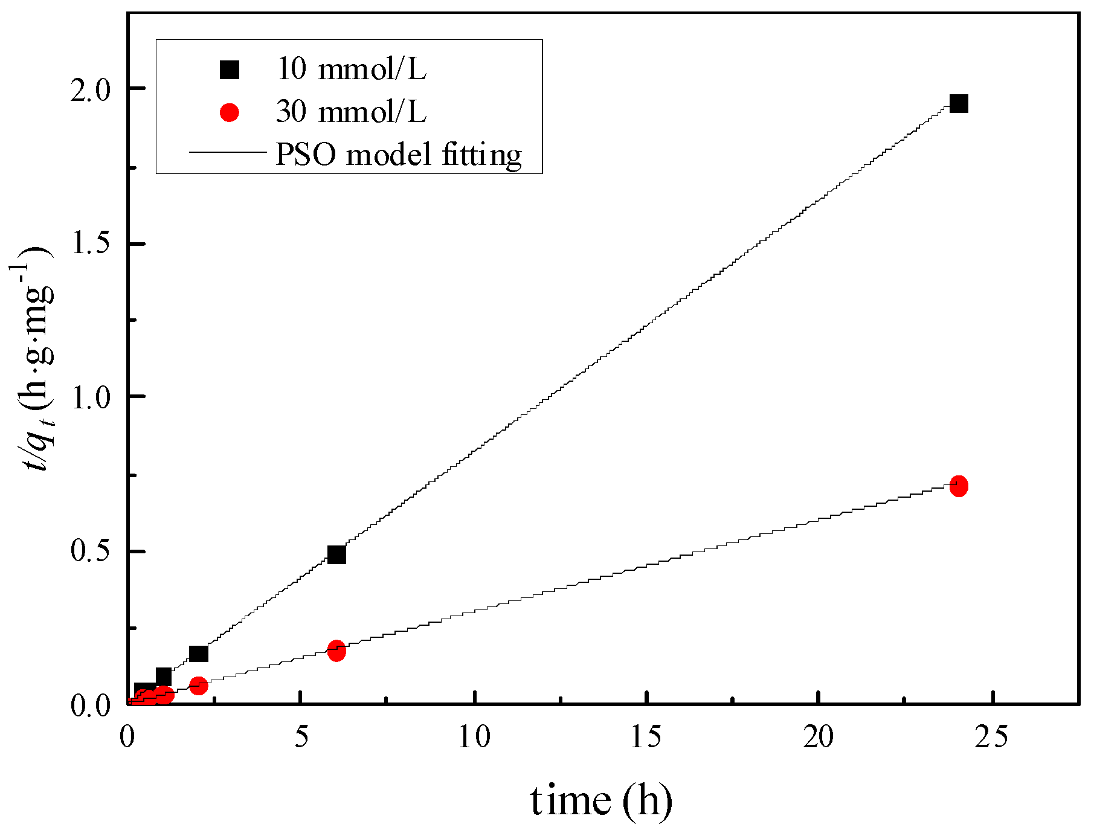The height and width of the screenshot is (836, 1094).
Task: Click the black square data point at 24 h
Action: (959, 103)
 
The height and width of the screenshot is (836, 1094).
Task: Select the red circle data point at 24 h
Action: (959, 486)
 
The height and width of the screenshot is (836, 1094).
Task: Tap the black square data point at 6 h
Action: (336, 554)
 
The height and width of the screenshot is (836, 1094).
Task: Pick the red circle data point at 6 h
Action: (336, 651)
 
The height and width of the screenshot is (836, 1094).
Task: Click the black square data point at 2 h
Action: (198, 653)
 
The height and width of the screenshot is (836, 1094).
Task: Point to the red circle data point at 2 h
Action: (198, 685)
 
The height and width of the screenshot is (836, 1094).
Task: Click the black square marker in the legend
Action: (230, 70)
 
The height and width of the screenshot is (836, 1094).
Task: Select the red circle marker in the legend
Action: (230, 112)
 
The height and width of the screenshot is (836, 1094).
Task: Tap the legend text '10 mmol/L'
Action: (351, 69)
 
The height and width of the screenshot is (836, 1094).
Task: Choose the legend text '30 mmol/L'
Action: (351, 111)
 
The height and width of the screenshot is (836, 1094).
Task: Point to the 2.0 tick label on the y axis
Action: (92, 89)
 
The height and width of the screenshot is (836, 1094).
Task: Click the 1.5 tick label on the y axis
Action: (92, 244)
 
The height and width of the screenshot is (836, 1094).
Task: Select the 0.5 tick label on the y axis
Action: (92, 552)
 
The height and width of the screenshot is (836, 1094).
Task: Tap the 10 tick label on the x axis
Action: (475, 737)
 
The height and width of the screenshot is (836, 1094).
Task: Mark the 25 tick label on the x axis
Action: (992, 737)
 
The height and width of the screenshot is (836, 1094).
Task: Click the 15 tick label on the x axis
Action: (647, 737)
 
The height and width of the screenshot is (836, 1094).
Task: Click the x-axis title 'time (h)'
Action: (601, 801)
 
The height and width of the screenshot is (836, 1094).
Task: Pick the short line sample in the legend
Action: (228, 152)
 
